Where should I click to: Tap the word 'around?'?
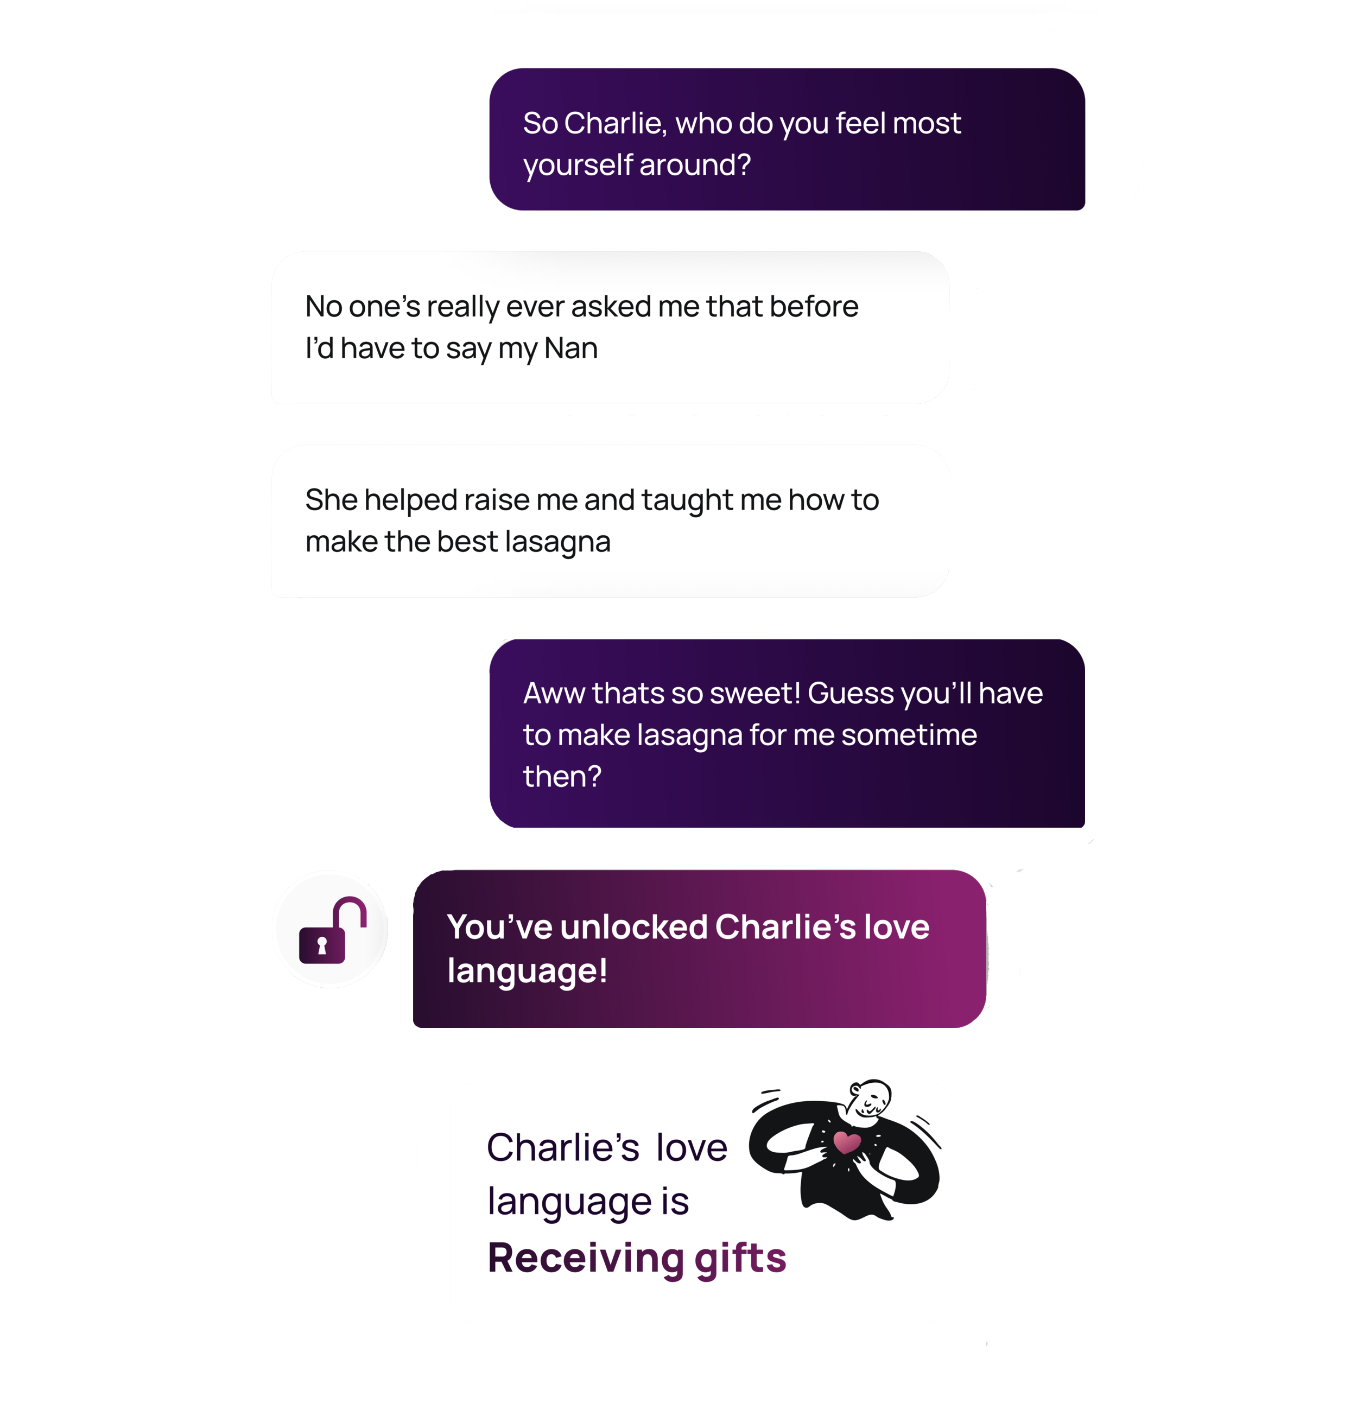695,166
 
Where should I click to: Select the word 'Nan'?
571,349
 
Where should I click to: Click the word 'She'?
331,500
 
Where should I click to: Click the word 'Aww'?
553,694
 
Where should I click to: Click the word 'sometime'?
909,735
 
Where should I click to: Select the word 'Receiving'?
585,1258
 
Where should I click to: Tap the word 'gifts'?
740,1258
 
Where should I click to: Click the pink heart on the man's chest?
846,1142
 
